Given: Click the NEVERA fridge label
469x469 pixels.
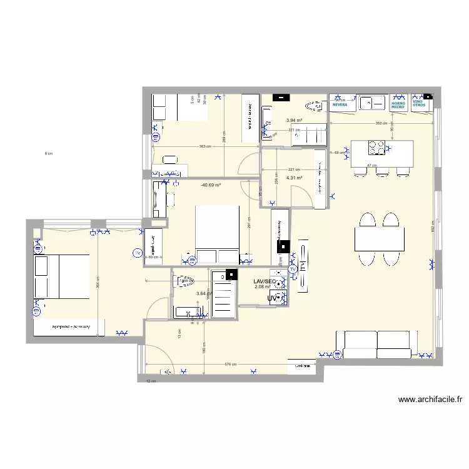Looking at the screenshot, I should [340, 105].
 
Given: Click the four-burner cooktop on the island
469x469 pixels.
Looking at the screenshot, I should [376, 148].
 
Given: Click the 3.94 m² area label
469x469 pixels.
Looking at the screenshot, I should [295, 121].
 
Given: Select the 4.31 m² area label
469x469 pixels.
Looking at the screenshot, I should [295, 178].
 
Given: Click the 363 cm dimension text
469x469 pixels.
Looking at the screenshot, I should [204, 147].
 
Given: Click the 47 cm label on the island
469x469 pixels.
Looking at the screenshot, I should [370, 166].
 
